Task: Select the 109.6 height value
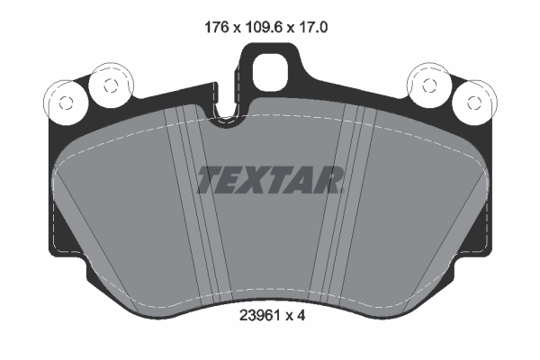point(262,28)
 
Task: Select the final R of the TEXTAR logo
point(328,180)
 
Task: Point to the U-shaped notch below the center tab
point(228,113)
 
